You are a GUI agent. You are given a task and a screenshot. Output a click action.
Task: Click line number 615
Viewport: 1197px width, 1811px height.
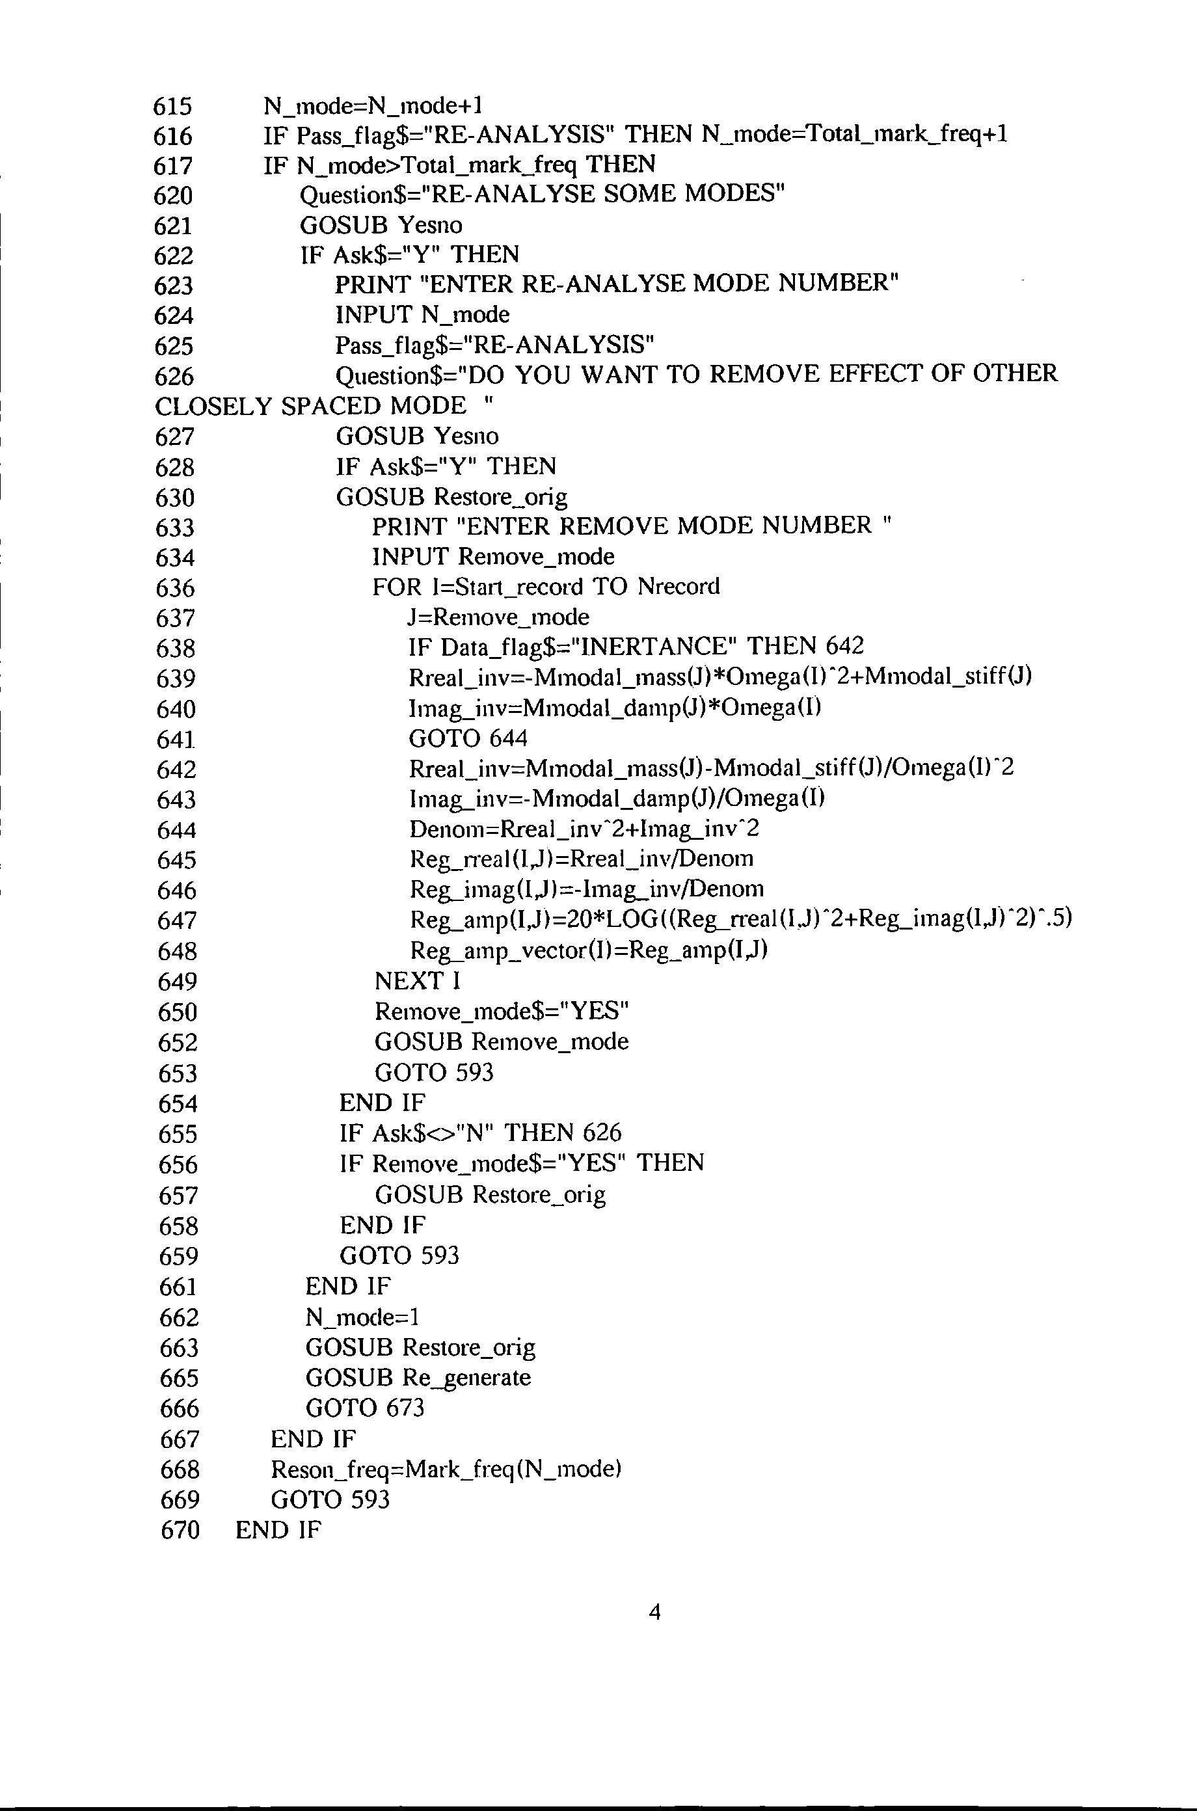[172, 105]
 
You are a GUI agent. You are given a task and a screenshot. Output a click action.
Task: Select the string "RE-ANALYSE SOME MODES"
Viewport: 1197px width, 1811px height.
[604, 195]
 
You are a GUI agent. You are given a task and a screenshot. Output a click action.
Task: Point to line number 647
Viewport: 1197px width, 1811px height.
[176, 920]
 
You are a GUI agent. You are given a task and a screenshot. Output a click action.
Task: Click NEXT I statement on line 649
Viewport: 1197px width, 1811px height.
[418, 981]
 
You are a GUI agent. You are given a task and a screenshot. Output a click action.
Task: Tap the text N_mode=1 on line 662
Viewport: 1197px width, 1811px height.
[362, 1317]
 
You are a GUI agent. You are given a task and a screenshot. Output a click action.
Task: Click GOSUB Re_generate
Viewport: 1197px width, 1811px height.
[418, 1378]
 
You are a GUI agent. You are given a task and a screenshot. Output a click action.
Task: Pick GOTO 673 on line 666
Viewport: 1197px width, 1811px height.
[364, 1408]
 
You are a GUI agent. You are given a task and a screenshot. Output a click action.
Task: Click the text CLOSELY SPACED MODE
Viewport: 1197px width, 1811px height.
[310, 406]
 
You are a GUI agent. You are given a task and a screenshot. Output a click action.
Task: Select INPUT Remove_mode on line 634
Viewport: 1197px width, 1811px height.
[493, 556]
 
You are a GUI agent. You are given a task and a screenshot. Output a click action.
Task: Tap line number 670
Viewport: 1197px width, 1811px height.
[180, 1530]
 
